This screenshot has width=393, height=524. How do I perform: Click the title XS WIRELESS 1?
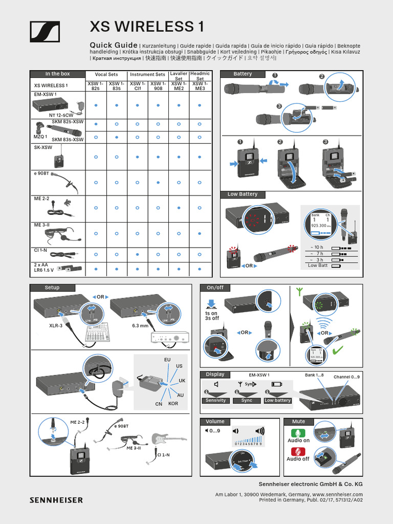coord(142,27)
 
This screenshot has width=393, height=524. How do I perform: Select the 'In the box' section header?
coord(57,74)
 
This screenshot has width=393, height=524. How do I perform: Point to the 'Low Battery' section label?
coord(243,194)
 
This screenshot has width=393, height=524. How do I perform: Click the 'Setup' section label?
coord(52,288)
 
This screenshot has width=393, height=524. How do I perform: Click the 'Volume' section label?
coord(215,422)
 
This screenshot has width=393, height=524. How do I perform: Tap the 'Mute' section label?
coord(299,422)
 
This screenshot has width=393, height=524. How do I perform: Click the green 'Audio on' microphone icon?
coord(298,433)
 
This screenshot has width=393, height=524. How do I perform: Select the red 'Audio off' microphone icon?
coord(298,451)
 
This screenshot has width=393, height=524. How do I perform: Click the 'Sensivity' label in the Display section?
coord(215,400)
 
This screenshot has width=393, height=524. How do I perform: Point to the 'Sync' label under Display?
coord(247,400)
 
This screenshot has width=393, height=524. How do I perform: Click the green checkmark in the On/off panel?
coord(337,351)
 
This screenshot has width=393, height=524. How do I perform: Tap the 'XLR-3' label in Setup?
coord(56,325)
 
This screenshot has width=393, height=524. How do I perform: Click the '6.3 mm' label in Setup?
coord(140,325)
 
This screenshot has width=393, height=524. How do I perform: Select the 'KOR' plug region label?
coord(173,404)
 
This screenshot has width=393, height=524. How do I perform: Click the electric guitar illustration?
coord(169,439)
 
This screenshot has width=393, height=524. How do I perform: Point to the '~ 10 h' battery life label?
coord(316,248)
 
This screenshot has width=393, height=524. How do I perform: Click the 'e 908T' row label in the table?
coord(41,173)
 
